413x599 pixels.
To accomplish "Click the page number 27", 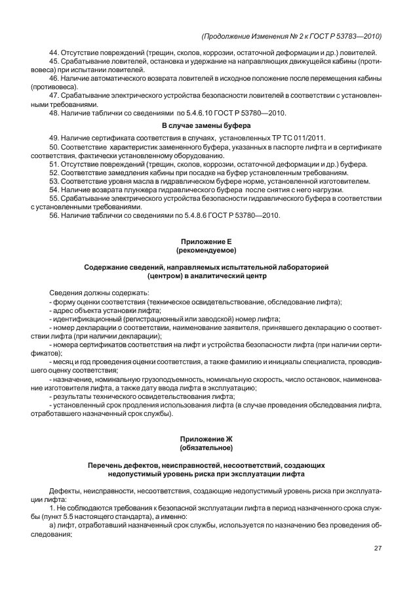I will point(377,548).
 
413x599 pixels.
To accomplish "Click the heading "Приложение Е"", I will point(206,242).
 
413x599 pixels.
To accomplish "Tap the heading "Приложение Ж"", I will point(206,439).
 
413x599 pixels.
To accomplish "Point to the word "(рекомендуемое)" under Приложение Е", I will point(206,251).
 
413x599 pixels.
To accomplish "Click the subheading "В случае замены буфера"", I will point(206,125).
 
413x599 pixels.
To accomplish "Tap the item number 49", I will point(54,137).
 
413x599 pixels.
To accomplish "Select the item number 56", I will point(54,215).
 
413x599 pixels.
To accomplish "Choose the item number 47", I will point(54,94).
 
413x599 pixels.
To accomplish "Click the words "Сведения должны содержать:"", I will point(99,292).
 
